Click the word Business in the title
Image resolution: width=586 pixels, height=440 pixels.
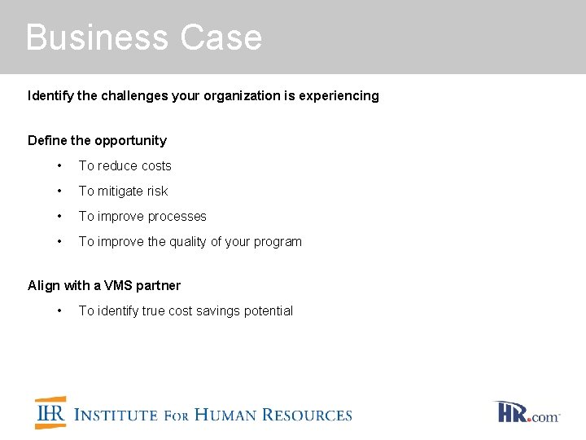[97, 38]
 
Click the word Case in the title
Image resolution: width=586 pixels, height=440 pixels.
[221, 38]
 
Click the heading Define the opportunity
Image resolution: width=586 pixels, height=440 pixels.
[97, 141]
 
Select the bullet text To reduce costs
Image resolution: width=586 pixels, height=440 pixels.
[125, 166]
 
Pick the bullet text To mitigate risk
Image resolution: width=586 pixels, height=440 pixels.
[123, 191]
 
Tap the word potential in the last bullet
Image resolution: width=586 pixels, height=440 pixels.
[271, 311]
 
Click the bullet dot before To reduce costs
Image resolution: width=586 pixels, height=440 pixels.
[59, 166]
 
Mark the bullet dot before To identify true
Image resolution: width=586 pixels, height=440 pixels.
[59, 311]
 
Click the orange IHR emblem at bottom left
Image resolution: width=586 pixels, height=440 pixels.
[50, 413]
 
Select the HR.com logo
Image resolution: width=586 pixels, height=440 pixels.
[527, 411]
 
